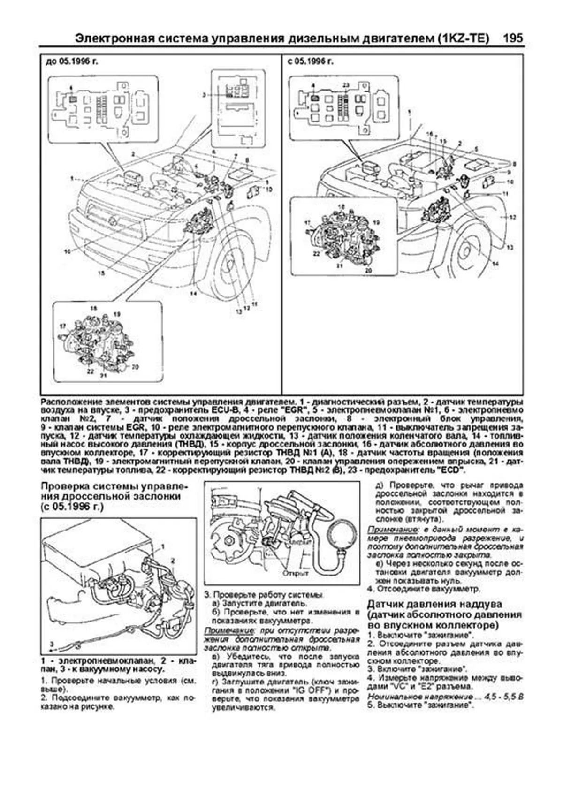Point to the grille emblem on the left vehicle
click(x=113, y=221)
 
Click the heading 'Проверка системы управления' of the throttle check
click(x=114, y=486)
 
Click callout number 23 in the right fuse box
click(x=346, y=85)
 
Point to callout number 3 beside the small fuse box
click(x=204, y=95)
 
